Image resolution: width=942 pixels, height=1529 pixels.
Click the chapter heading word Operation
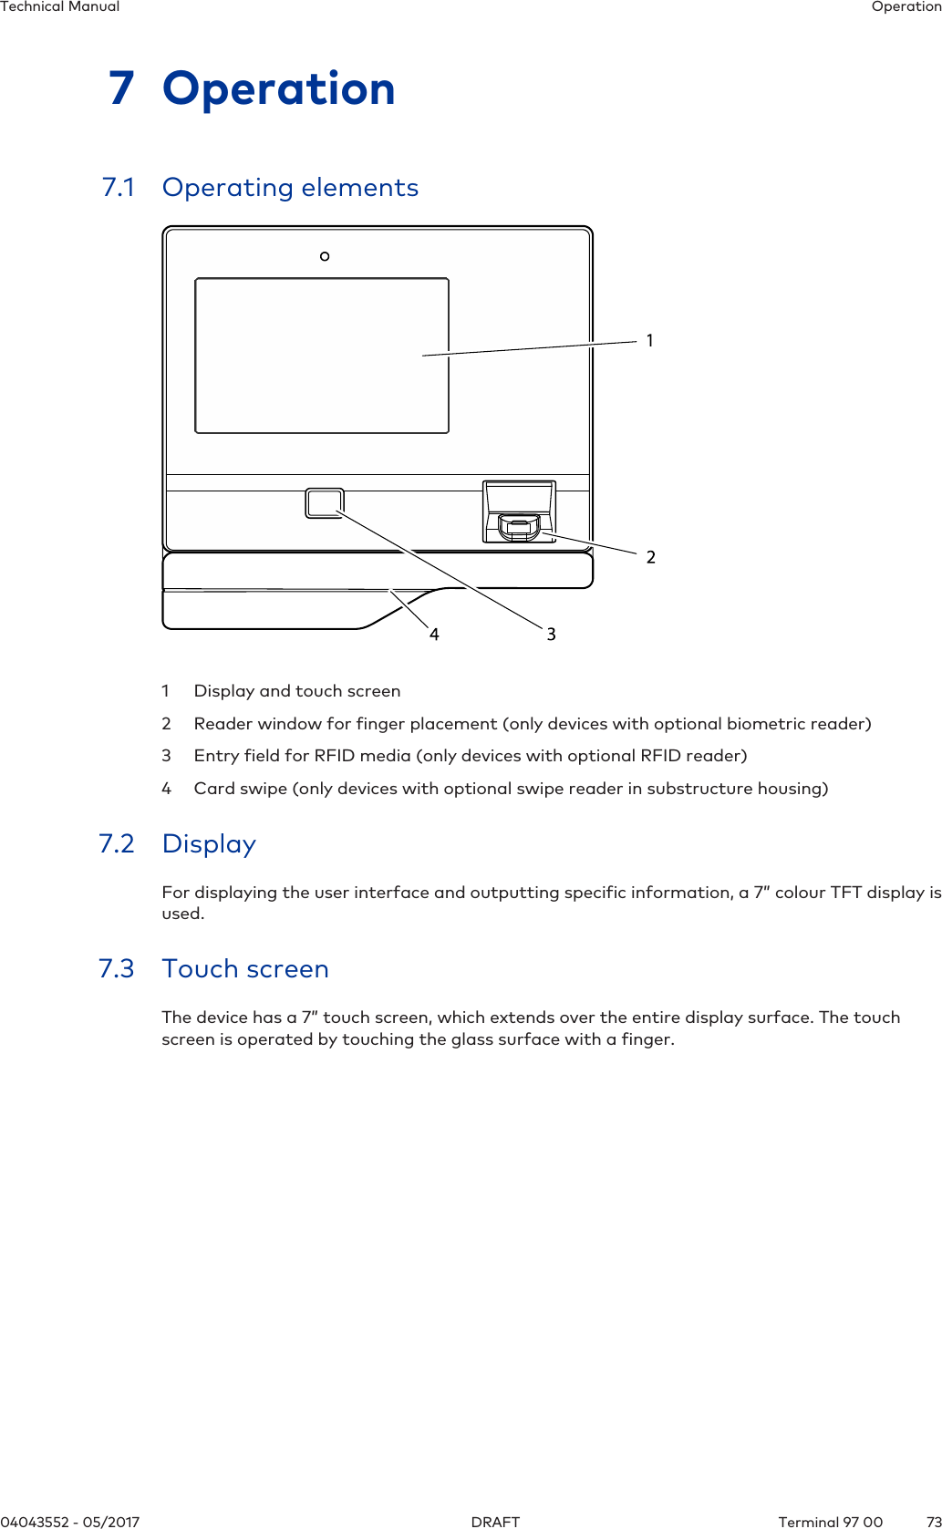point(278,89)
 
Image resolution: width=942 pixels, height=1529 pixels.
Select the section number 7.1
point(119,188)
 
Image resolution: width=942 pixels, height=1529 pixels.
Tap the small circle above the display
point(325,256)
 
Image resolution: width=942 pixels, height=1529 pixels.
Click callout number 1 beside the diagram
point(649,341)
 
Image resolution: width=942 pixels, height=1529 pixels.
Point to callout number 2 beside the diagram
point(650,557)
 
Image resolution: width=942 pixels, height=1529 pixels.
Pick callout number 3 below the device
point(551,634)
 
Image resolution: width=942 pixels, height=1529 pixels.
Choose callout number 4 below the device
point(434,635)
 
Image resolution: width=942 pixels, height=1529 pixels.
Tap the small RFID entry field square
point(325,502)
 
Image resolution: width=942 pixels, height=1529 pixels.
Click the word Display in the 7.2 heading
point(209,844)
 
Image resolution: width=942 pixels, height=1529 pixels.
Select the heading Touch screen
point(245,969)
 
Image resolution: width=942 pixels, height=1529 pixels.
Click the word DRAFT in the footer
point(495,1522)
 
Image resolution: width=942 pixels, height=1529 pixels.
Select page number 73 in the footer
point(933,1522)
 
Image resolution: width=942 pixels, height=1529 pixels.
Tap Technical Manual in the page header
point(60,7)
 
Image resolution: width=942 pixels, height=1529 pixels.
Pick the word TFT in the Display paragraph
point(846,893)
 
